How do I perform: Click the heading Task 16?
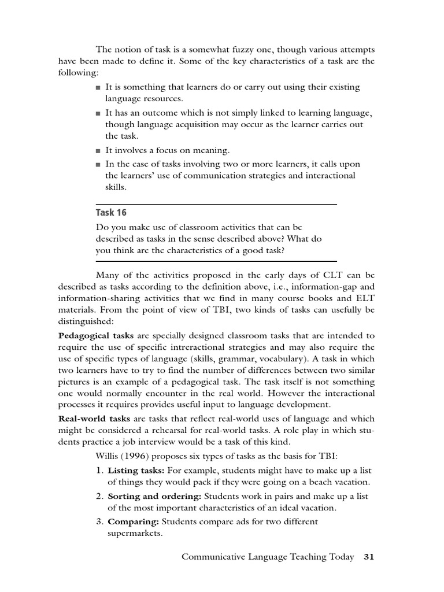click(x=111, y=213)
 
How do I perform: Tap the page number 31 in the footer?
click(x=369, y=557)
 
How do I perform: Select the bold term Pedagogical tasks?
click(x=96, y=335)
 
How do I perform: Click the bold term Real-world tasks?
click(x=94, y=419)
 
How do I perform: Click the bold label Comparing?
click(x=134, y=521)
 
